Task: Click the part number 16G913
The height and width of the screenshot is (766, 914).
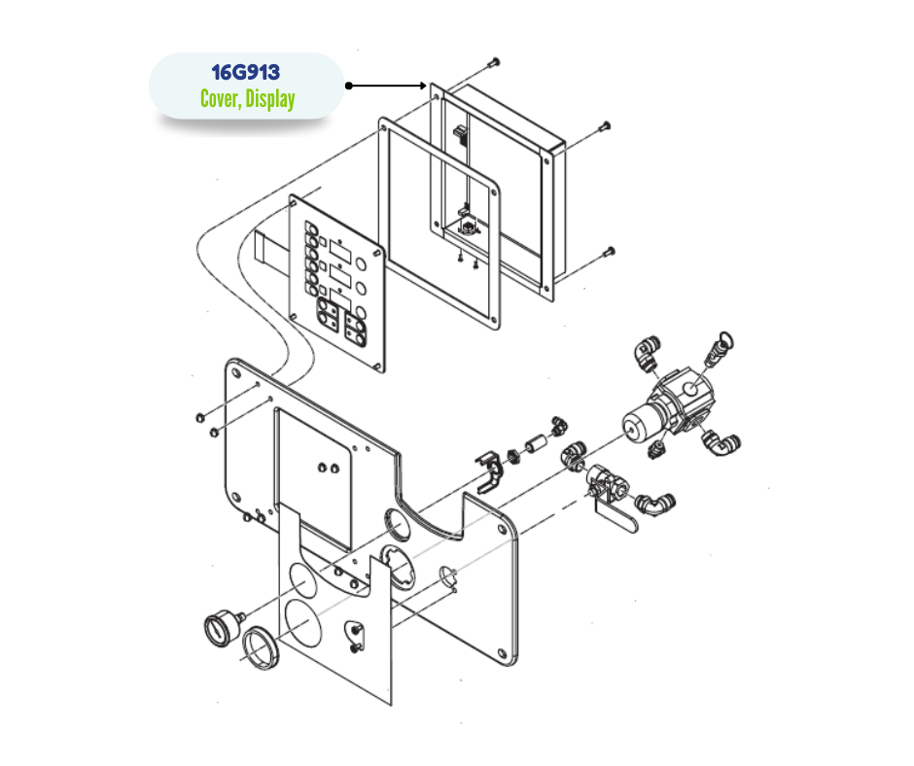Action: coord(245,72)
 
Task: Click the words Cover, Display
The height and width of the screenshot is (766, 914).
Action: coord(247,98)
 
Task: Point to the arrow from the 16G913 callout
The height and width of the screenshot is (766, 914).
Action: coord(386,86)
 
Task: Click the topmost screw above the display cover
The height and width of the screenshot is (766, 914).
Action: coord(494,61)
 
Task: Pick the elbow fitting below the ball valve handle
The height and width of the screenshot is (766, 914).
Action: coord(654,505)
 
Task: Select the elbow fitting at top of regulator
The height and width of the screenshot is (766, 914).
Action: coord(648,353)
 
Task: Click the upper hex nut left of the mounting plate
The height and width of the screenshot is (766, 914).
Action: coord(199,417)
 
